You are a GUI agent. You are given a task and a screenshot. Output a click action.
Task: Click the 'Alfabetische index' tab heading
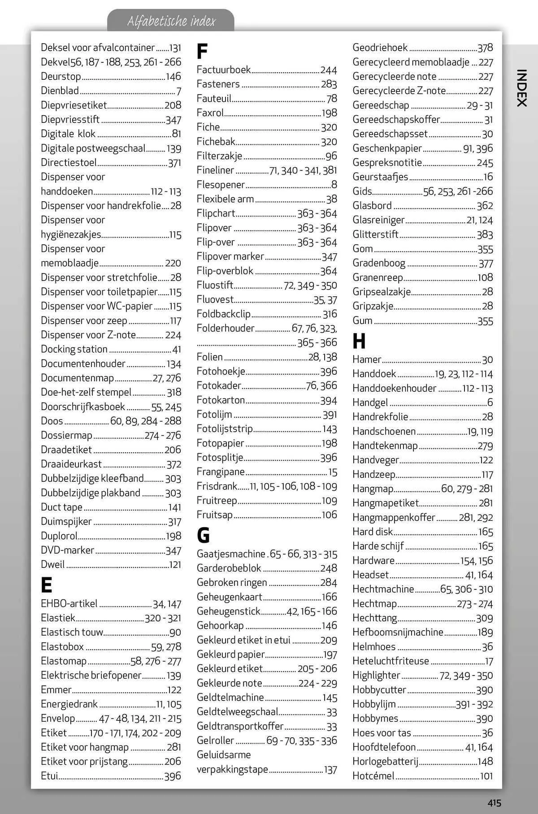171,21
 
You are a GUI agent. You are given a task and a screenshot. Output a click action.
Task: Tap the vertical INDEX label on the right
521,87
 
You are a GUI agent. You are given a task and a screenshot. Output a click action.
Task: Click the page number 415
495,803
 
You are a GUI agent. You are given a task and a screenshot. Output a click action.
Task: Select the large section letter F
202,52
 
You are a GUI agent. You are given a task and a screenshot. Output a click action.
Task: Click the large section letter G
203,535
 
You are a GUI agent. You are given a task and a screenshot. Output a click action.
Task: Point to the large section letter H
359,342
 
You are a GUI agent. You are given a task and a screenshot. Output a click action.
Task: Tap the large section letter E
46,585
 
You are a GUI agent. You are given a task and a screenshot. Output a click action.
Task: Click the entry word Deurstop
61,76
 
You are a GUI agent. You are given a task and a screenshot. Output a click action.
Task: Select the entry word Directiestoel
69,163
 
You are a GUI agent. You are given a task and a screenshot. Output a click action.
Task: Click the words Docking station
74,349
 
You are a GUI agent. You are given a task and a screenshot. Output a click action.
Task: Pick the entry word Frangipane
221,472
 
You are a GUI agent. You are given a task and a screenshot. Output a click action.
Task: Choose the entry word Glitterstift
375,234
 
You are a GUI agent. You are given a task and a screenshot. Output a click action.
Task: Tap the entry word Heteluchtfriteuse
390,661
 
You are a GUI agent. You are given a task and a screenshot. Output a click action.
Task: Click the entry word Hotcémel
373,776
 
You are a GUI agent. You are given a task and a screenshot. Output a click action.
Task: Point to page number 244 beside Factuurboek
329,70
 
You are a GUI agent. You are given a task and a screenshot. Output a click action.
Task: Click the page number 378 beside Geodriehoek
485,48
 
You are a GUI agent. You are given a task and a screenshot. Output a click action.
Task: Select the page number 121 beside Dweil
175,565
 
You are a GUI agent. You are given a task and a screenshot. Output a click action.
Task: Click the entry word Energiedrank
69,704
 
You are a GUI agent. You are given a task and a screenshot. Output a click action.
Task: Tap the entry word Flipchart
216,213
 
